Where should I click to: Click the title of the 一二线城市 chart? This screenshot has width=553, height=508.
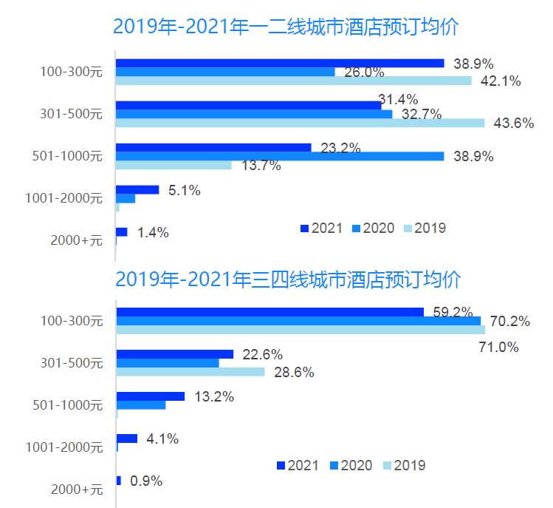286,27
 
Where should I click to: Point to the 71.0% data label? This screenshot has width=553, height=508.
499,347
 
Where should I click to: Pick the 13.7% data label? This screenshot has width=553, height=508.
261,166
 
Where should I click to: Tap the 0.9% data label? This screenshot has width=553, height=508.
146,481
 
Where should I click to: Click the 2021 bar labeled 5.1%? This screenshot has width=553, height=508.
137,190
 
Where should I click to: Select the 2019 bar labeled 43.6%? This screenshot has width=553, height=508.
300,123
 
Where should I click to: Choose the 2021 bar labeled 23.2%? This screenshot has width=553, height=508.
213,147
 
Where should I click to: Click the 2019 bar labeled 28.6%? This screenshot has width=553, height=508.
190,372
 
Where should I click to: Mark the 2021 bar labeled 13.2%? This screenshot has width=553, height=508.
151,396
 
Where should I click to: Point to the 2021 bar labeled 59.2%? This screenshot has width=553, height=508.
269,312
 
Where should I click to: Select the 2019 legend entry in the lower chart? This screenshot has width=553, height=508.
402,465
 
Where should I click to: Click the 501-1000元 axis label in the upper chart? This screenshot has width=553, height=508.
68,156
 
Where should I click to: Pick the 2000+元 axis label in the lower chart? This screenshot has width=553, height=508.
77,489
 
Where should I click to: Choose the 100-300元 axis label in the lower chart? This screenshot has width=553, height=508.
72,321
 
